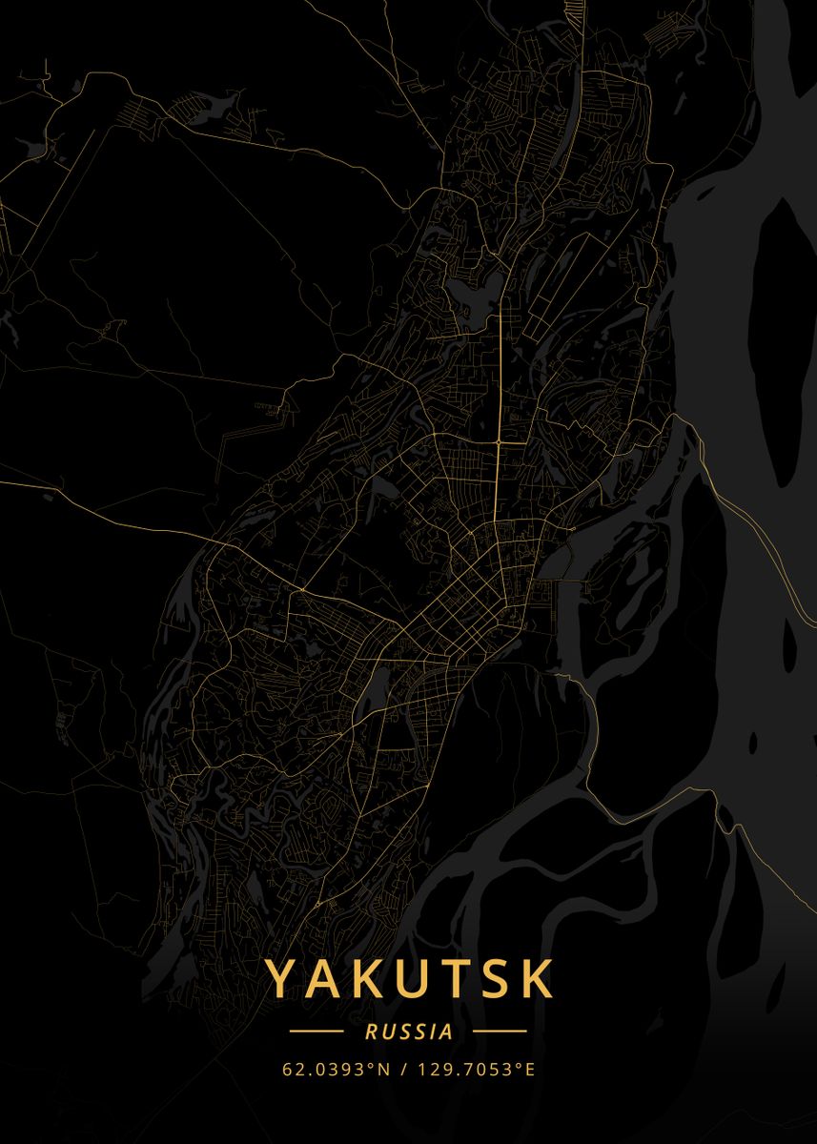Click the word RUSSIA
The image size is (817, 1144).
408,1032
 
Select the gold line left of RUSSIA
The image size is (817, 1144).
317,1032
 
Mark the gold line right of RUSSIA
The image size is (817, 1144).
500,1032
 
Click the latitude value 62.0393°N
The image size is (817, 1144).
337,1069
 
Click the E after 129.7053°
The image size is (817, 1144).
529,1069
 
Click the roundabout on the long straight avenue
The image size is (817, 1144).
499,442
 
